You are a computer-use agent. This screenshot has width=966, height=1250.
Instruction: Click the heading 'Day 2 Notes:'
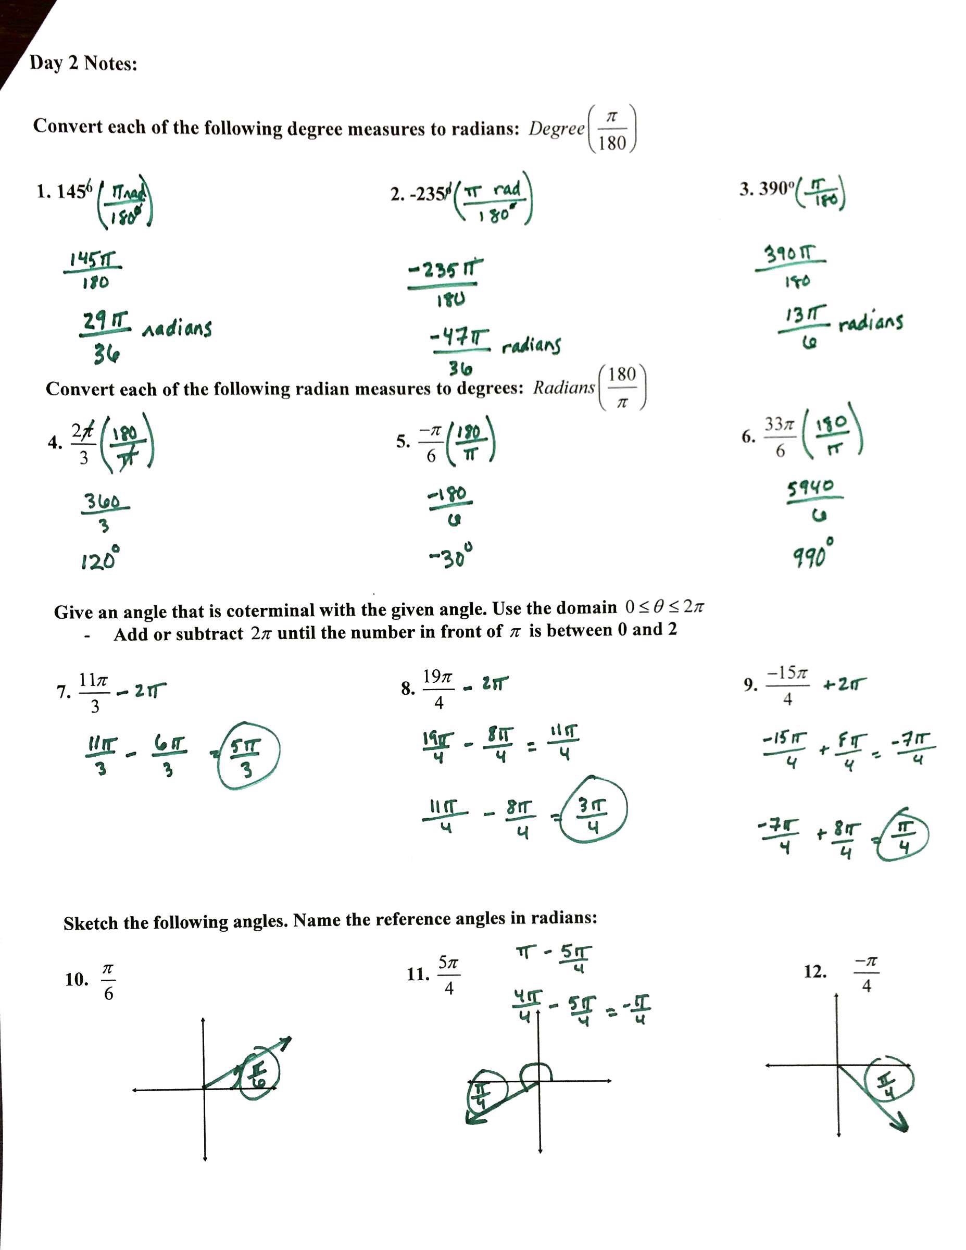coord(83,63)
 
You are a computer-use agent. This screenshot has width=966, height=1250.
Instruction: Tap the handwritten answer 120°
coord(101,558)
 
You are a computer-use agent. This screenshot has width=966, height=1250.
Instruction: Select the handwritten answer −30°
coord(452,555)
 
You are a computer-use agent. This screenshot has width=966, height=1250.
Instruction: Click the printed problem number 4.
coord(54,442)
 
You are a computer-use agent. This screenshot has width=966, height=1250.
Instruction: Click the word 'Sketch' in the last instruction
coord(91,922)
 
